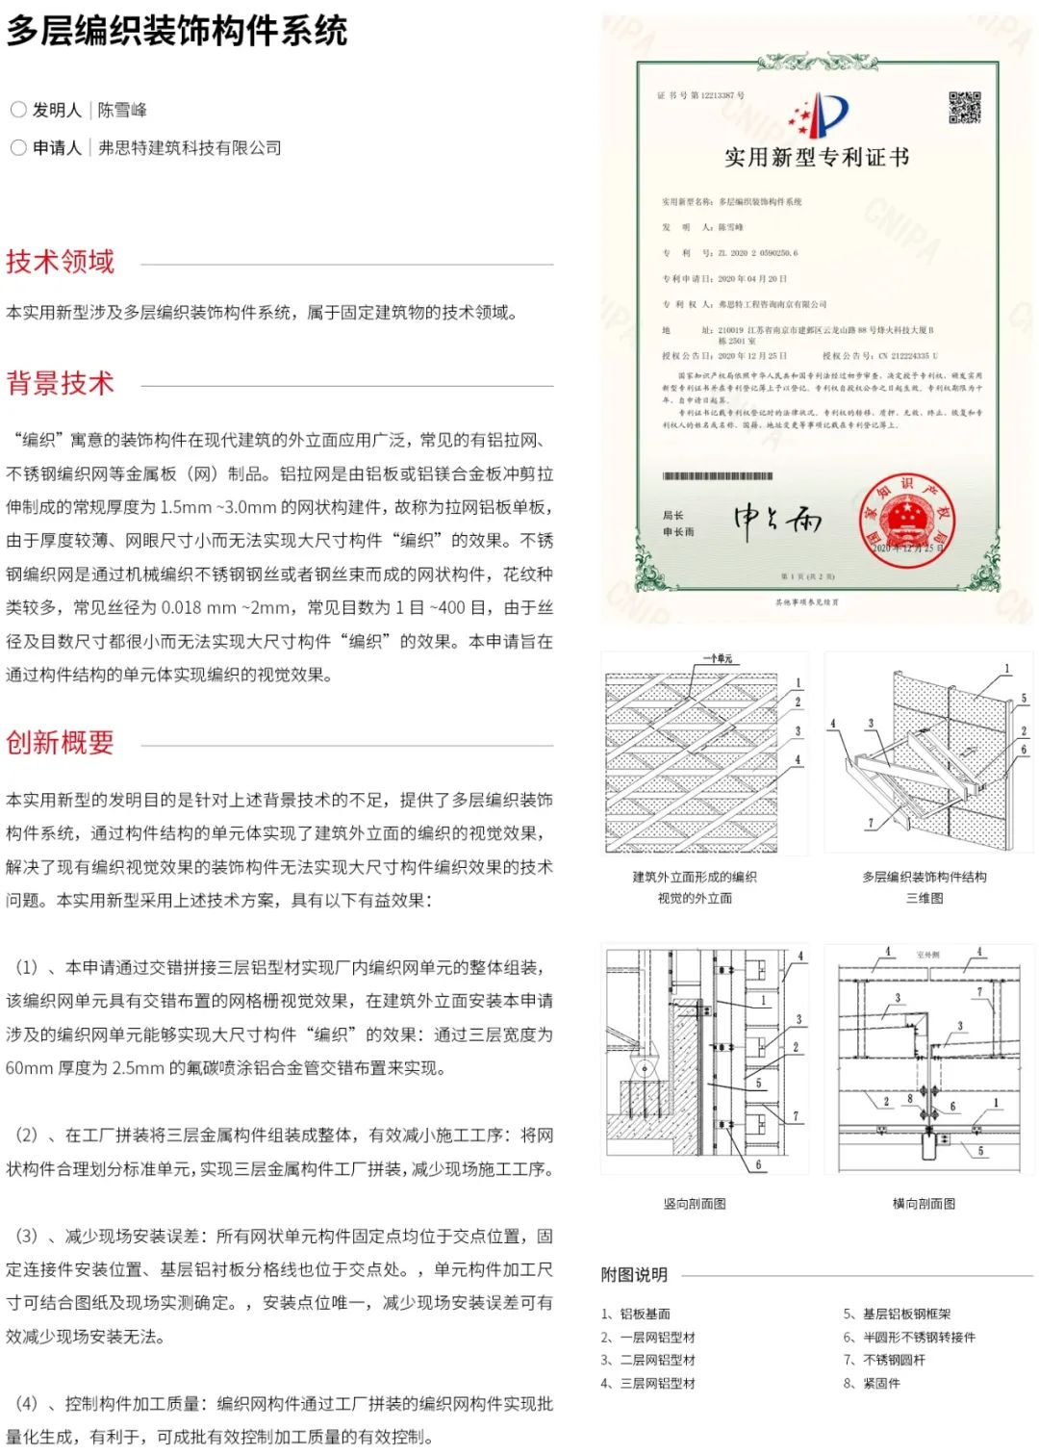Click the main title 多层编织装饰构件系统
[x=177, y=32]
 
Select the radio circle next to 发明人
[x=18, y=110]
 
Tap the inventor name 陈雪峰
[x=122, y=110]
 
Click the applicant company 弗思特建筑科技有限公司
[x=190, y=147]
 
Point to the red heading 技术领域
[x=60, y=262]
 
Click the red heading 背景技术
[x=60, y=383]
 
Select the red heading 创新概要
[x=60, y=742]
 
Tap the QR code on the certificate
[x=964, y=108]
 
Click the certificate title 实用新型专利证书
[x=816, y=158]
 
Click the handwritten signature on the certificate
[x=777, y=521]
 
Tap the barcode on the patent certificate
[x=718, y=476]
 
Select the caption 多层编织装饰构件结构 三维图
[x=924, y=887]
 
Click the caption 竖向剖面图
[x=695, y=1203]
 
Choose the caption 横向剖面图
[x=924, y=1203]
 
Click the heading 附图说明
[x=634, y=1274]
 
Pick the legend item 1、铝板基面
[x=636, y=1314]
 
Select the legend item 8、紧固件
[x=872, y=1383]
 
